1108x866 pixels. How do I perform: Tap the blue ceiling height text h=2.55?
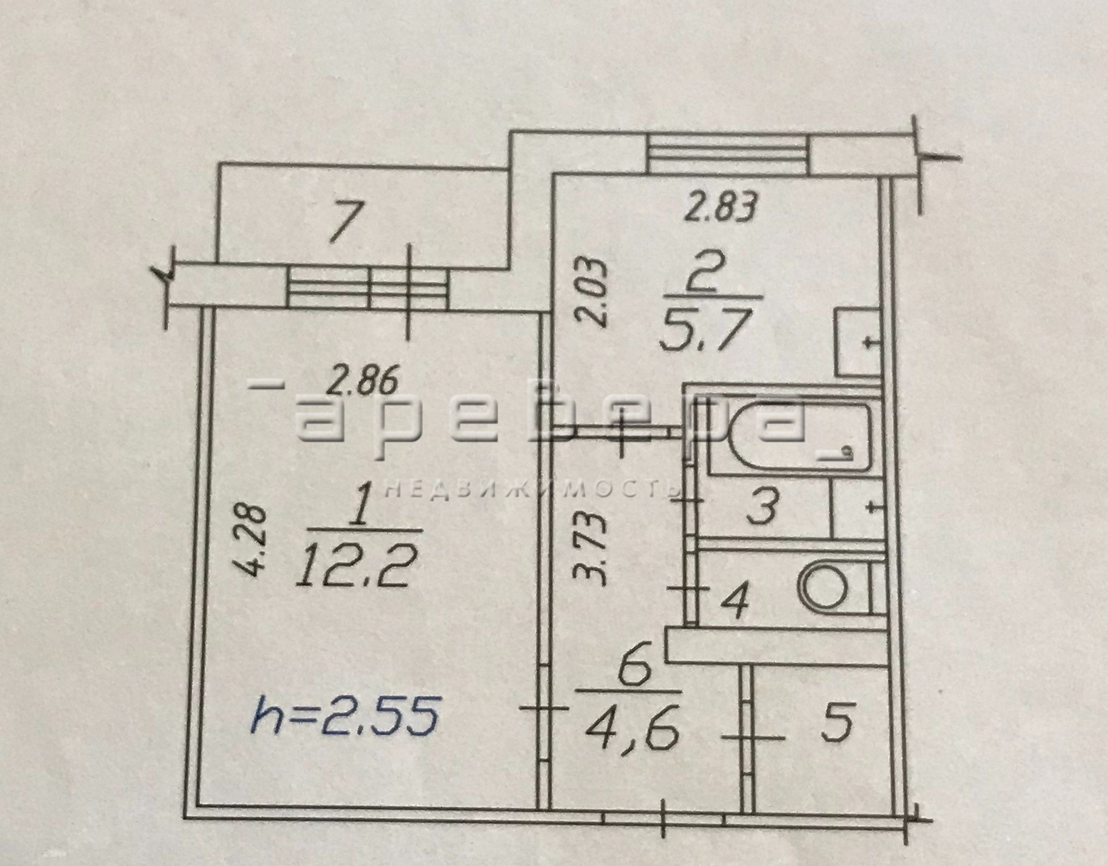344,719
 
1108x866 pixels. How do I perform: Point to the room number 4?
734,600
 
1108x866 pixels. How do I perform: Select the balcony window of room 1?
367,288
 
